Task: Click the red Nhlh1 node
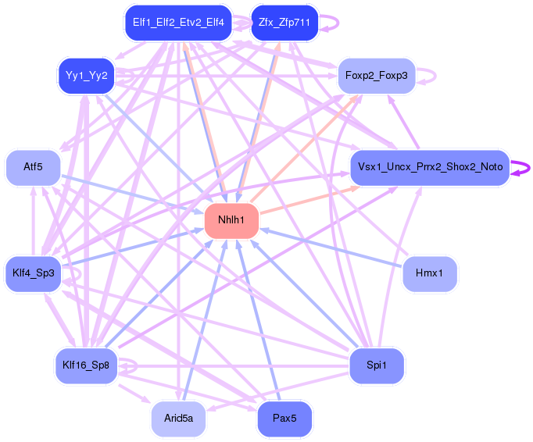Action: click(x=231, y=220)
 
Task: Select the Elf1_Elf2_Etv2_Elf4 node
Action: click(x=178, y=23)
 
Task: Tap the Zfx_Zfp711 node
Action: click(x=284, y=23)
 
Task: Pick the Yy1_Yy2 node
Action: click(x=86, y=76)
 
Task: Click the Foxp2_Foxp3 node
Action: click(x=376, y=76)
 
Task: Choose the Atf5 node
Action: click(x=33, y=167)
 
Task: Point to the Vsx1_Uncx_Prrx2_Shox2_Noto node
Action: click(x=430, y=167)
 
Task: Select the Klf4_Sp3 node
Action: click(x=33, y=273)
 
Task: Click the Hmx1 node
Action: click(x=430, y=273)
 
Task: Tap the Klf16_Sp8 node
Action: click(x=86, y=365)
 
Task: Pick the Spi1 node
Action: click(x=377, y=365)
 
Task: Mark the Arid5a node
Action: click(x=178, y=419)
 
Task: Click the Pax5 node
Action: click(x=284, y=419)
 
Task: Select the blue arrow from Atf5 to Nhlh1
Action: click(x=132, y=194)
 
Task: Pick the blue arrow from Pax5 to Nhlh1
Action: click(x=258, y=320)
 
